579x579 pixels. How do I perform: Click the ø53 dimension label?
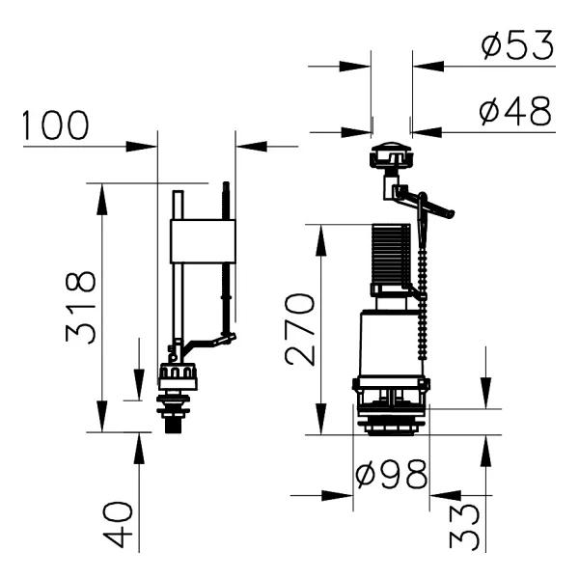tap(517, 45)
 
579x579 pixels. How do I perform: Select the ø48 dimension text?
tap(515, 111)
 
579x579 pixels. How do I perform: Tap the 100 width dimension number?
tap(55, 124)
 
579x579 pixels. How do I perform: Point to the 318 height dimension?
tap(81, 308)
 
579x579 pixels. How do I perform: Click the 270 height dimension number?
tap(300, 329)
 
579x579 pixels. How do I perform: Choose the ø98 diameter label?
tap(392, 474)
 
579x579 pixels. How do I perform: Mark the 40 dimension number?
tap(118, 524)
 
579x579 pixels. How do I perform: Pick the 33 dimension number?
tap(465, 527)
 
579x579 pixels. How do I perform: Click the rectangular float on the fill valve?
tap(203, 241)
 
